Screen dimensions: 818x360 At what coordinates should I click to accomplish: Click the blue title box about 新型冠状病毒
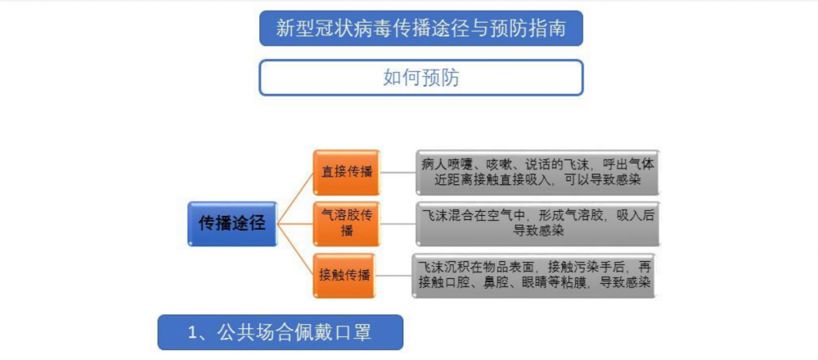pos(421,28)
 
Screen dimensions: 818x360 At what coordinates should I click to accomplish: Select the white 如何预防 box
pos(421,78)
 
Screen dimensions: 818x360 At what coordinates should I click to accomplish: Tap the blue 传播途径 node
pos(232,224)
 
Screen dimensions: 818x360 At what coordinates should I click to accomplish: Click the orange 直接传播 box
pos(346,172)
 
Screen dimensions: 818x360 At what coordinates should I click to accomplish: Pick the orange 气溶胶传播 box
pos(346,224)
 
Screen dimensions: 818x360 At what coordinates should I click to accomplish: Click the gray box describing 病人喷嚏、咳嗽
pos(538,172)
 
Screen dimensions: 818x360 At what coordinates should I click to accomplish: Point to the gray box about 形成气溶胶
pos(538,224)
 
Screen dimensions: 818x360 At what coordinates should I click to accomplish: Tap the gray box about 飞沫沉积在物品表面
pos(533,276)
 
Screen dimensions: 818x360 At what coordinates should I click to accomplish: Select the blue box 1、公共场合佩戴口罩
pos(280,332)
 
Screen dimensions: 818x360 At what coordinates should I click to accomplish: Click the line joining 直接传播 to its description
pos(398,172)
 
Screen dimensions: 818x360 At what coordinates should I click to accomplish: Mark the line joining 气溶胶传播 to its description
pos(398,224)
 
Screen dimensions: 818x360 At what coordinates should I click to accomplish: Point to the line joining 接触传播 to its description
pos(394,276)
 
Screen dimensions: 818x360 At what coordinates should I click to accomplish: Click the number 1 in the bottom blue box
pos(193,333)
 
